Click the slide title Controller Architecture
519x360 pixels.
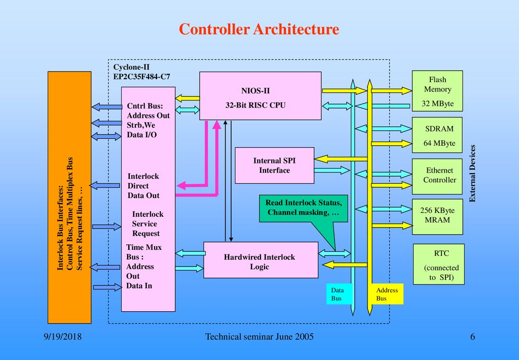tap(259, 29)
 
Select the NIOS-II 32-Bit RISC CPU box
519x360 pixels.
tap(260, 96)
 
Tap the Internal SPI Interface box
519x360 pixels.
tap(274, 166)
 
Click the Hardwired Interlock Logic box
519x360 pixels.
tap(261, 260)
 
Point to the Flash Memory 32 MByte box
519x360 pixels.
tap(437, 91)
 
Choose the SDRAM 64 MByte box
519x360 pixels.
tap(437, 135)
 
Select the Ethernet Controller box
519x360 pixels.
tap(437, 176)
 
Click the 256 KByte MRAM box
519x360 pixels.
tap(437, 217)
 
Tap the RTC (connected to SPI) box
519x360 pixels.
tap(439, 264)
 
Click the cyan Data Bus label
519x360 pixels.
tap(338, 294)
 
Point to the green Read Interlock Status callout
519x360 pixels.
tap(304, 209)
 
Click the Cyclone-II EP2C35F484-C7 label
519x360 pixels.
tap(142, 72)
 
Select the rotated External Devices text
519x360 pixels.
tap(472, 173)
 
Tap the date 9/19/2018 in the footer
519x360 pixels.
tap(62, 337)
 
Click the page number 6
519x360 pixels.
tap(472, 337)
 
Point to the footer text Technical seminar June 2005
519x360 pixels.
tap(259, 337)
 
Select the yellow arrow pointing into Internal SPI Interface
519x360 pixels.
tap(341, 159)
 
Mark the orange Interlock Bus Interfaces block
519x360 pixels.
tap(69, 198)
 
